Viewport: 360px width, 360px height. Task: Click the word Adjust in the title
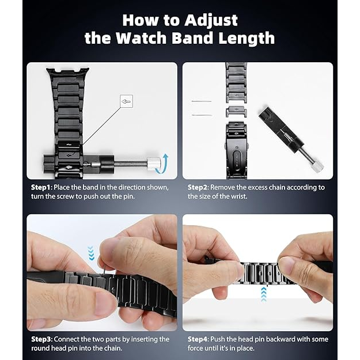point(211,21)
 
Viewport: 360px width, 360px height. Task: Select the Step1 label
point(41,188)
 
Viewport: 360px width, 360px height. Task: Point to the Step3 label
point(42,339)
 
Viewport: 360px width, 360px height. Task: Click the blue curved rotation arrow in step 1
point(162,164)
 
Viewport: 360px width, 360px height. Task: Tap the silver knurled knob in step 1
point(152,164)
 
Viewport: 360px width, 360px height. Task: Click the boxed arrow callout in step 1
point(126,101)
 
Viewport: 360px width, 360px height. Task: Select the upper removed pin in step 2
point(202,101)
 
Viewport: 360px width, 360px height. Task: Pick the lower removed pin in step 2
point(202,115)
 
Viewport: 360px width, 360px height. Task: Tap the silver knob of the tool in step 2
point(317,165)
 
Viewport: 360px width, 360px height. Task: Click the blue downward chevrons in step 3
point(91,253)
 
